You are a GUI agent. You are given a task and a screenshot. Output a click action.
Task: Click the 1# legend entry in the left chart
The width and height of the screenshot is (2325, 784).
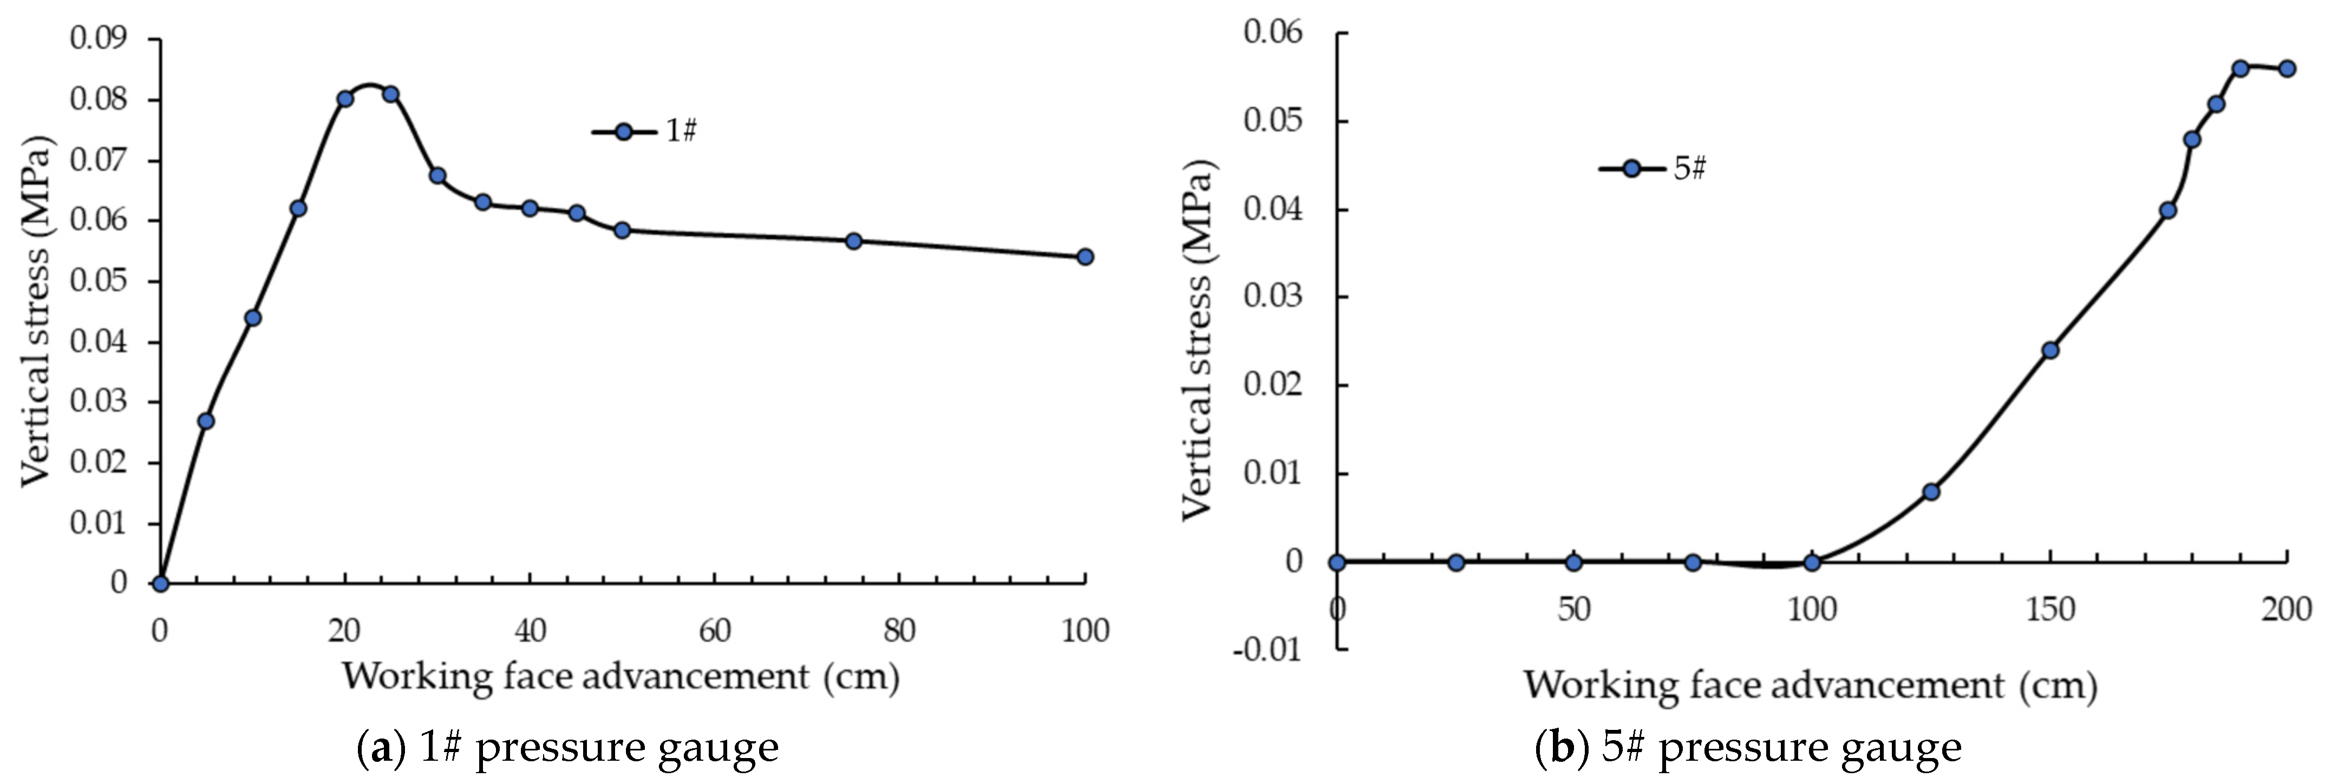645,131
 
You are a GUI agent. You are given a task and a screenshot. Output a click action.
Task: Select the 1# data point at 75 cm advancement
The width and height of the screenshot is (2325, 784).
854,241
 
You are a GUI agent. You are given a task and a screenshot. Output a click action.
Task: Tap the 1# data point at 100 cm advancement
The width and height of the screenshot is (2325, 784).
1085,257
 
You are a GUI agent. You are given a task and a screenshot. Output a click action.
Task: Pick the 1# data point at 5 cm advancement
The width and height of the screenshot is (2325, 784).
206,420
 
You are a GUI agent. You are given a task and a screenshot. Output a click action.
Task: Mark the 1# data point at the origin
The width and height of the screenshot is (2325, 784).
161,584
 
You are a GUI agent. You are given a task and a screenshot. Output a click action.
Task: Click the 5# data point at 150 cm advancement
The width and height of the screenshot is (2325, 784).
2050,350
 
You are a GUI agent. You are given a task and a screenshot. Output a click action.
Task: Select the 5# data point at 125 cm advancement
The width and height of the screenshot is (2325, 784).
1931,492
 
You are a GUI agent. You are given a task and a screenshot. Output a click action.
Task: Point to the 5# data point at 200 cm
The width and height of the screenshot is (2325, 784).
2286,69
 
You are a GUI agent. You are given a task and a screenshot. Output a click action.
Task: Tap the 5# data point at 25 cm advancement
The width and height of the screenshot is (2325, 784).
1456,562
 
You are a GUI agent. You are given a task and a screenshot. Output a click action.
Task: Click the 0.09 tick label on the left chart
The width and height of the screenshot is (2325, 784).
99,39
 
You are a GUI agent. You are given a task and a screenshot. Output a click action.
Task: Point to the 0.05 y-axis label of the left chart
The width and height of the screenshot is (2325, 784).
99,281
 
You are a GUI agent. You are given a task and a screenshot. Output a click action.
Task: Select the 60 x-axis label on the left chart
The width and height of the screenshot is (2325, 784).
714,631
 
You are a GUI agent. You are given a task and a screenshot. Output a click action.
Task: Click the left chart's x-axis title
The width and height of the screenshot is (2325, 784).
621,676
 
